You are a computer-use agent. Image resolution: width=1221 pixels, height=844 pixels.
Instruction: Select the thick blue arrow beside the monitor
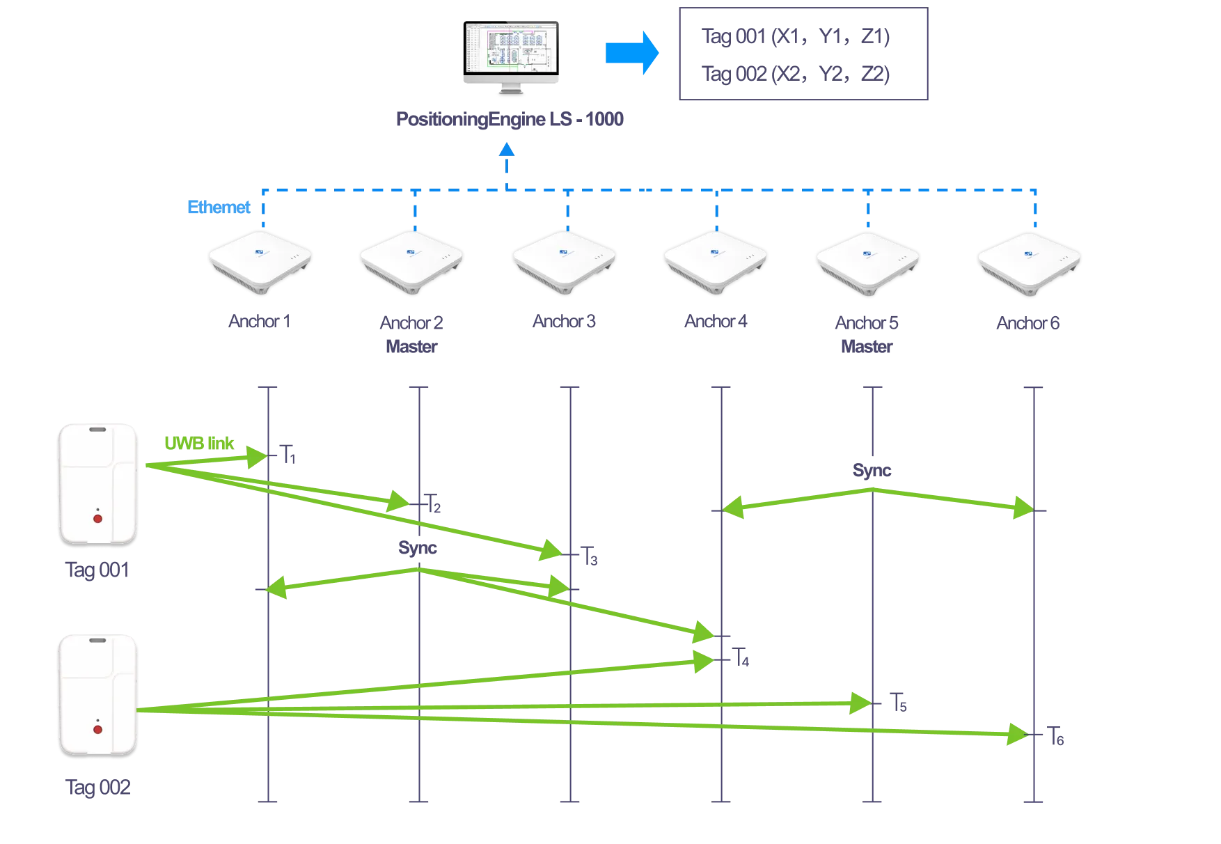click(x=631, y=53)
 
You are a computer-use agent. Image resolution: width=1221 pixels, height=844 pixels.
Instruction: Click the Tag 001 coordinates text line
click(x=796, y=37)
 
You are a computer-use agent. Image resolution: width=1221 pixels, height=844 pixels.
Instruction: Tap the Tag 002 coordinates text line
click(x=796, y=74)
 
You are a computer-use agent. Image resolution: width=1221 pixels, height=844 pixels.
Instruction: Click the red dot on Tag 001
click(x=97, y=519)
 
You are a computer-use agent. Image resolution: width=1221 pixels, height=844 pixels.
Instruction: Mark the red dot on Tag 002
click(x=97, y=729)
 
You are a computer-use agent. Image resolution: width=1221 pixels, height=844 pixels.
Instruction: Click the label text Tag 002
click(x=98, y=788)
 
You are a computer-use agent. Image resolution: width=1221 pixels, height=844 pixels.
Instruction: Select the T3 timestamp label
click(x=591, y=557)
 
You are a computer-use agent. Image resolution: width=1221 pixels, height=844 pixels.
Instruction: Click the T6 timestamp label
click(x=1056, y=735)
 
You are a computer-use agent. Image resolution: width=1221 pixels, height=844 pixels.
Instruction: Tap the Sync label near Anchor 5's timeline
click(x=872, y=471)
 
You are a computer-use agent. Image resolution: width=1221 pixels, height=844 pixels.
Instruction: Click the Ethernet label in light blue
click(x=218, y=208)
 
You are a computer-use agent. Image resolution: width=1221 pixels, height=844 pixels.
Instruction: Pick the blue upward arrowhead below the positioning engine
click(x=507, y=150)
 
